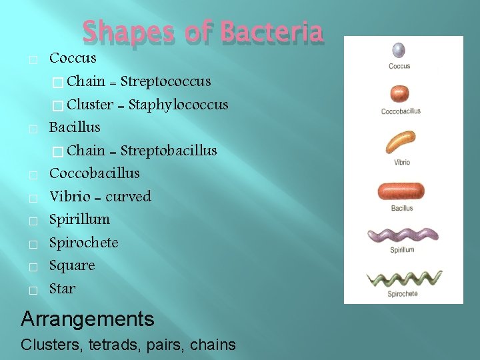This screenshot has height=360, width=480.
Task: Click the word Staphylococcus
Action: coord(178,105)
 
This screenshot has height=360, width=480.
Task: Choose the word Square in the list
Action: coord(72,265)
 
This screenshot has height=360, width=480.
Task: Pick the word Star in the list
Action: coord(62,289)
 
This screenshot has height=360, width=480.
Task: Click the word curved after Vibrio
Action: coord(128,197)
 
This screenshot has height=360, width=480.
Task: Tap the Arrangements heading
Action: coord(87,319)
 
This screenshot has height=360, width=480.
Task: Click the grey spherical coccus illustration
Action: coord(399,50)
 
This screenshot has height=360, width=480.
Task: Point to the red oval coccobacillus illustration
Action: coord(401,94)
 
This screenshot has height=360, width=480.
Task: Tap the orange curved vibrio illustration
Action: coord(401,141)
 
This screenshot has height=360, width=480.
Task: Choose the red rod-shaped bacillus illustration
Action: coord(401,191)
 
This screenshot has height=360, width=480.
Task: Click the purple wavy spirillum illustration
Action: coord(403,235)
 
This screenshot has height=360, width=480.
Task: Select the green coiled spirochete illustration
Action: coord(402,279)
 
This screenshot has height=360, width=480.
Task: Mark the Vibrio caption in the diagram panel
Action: coord(402,162)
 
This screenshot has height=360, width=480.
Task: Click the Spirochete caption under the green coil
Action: coord(403,293)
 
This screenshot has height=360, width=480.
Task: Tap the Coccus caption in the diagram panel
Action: coord(399,66)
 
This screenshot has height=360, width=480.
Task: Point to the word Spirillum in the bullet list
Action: coord(79,219)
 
